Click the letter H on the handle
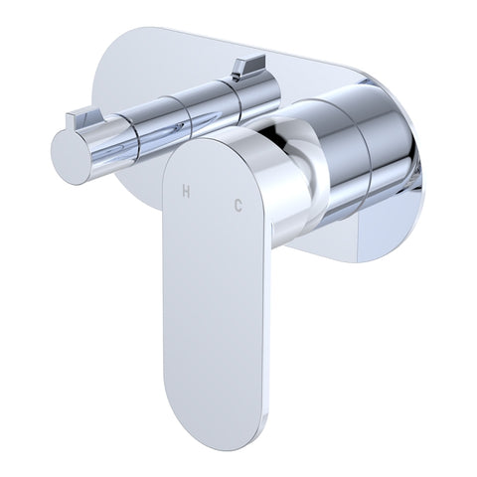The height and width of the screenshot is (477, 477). pyautogui.click(x=186, y=192)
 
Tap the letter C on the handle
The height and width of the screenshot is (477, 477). pyautogui.click(x=238, y=207)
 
